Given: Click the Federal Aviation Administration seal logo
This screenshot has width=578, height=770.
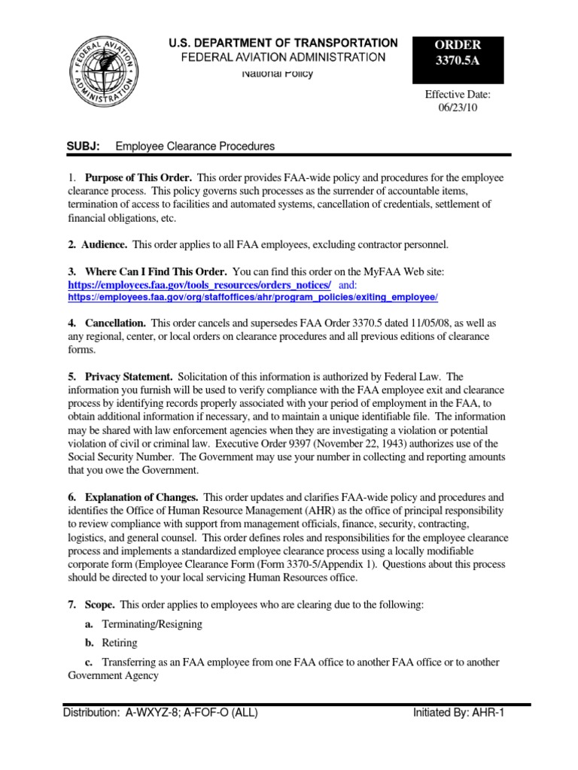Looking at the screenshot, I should (105, 75).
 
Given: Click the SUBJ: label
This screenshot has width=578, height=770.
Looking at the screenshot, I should (84, 146).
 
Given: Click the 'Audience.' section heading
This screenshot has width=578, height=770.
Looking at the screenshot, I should (105, 244).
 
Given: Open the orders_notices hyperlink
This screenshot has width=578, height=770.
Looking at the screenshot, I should (199, 285).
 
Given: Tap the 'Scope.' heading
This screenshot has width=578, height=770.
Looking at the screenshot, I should (100, 605).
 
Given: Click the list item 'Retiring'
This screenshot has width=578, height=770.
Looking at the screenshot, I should (122, 643).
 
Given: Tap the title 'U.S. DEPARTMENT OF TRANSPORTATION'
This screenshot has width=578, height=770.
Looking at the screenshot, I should (283, 43).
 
